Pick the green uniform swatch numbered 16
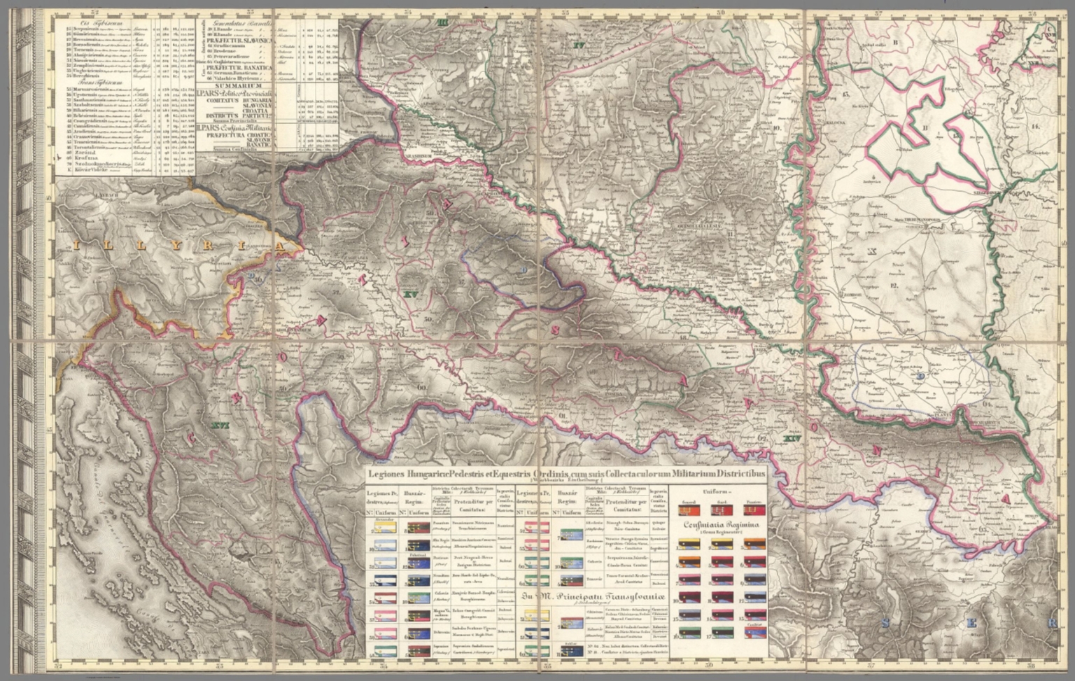point(689,634)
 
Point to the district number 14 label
point(1035,127)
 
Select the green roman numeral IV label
point(578,46)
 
